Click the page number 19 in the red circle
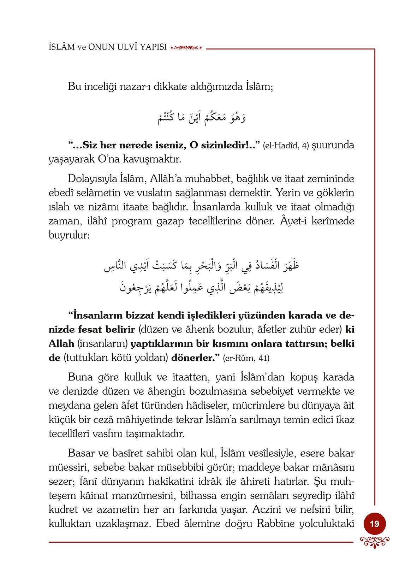coord(374,523)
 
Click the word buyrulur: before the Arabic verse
coord(69,235)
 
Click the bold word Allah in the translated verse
coord(61,343)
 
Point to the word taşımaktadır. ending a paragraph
coord(155,434)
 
